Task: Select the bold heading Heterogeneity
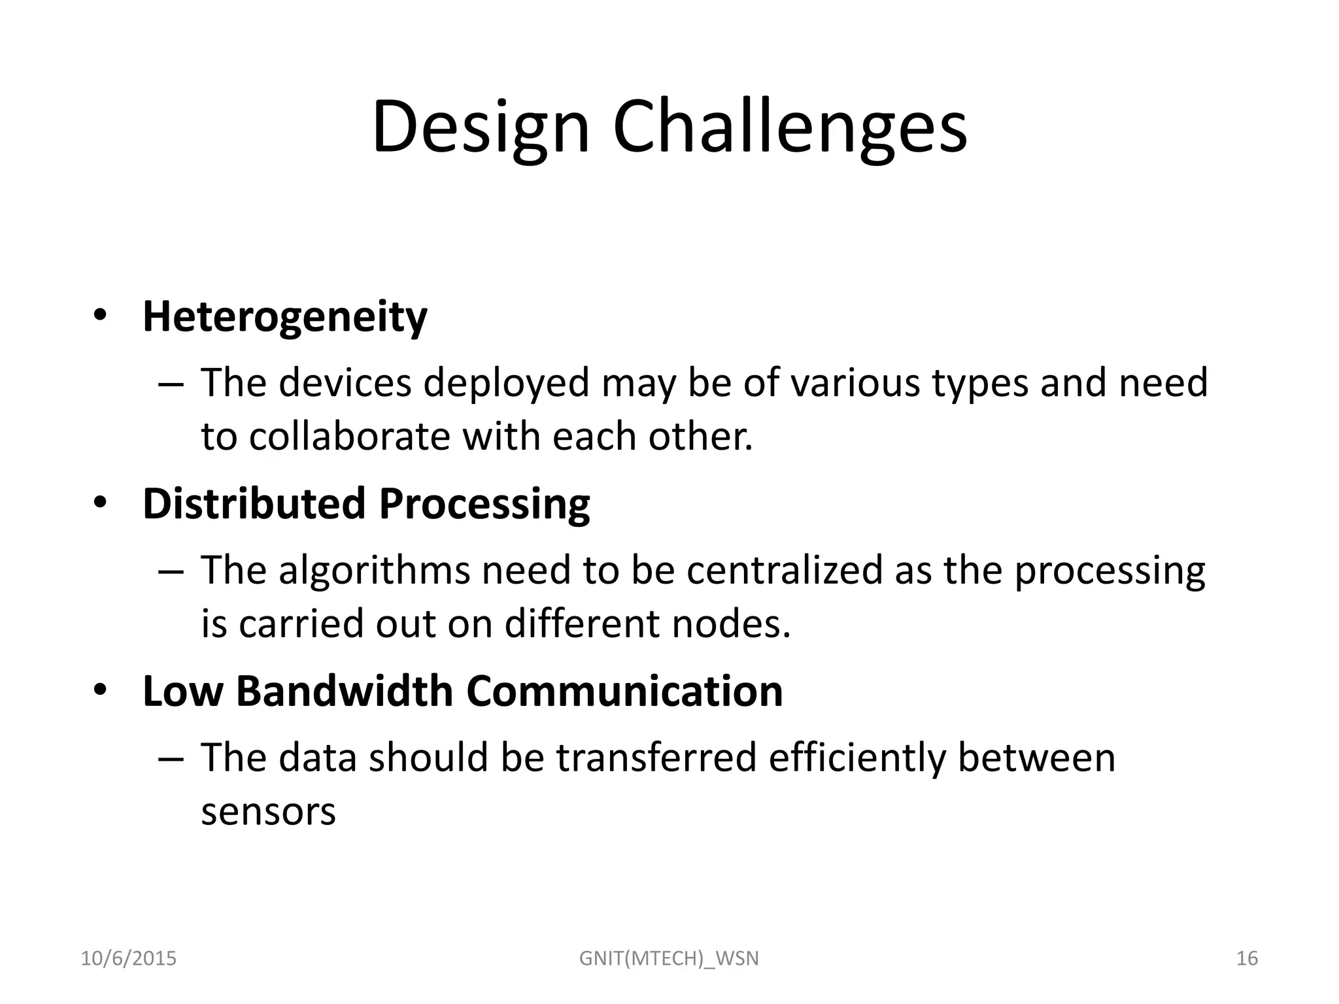[284, 317]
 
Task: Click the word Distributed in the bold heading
[254, 504]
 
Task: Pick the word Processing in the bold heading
[484, 505]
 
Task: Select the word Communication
[624, 691]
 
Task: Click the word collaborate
[349, 437]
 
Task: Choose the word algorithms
[374, 571]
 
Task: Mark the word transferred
[656, 758]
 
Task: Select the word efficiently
[857, 758]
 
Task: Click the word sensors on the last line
[268, 812]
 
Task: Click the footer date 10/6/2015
[128, 958]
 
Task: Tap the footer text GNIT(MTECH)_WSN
[669, 959]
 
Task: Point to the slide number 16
[1247, 958]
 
